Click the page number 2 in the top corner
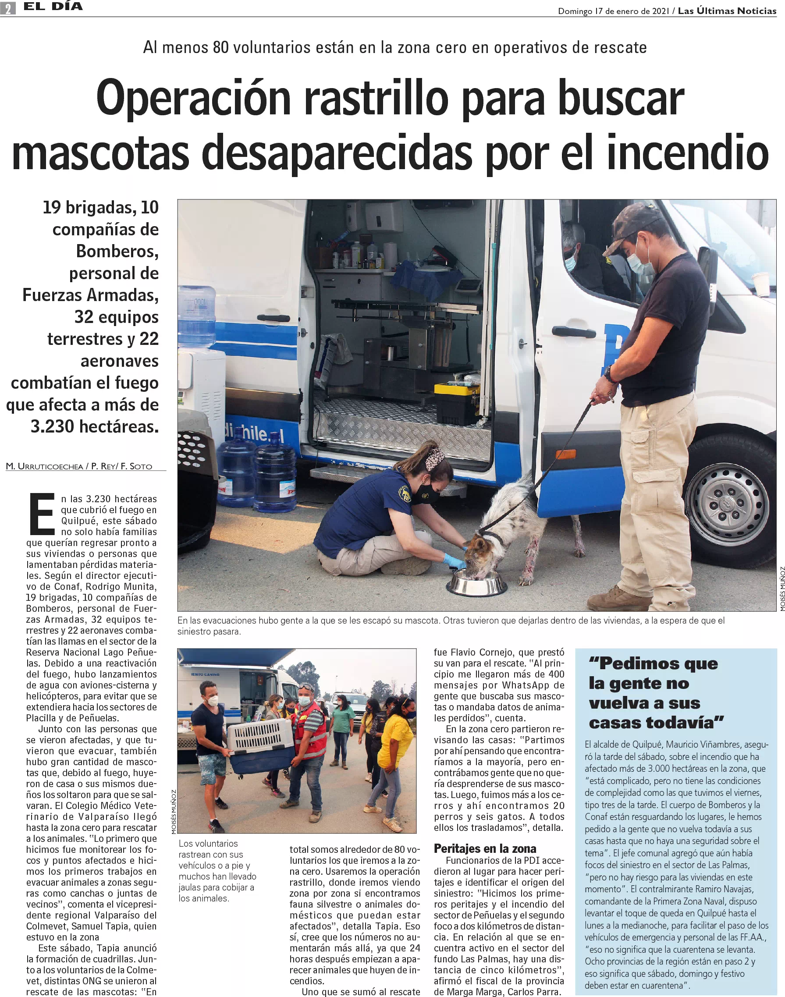tap(8, 8)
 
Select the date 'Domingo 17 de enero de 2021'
tap(613, 11)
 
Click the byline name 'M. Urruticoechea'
tap(45, 466)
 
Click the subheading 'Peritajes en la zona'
tap(485, 848)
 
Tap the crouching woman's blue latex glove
tap(455, 561)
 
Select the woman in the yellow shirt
tap(394, 758)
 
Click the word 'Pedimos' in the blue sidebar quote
tap(635, 663)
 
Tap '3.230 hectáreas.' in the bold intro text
tap(94, 426)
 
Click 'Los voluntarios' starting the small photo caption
tap(208, 843)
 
